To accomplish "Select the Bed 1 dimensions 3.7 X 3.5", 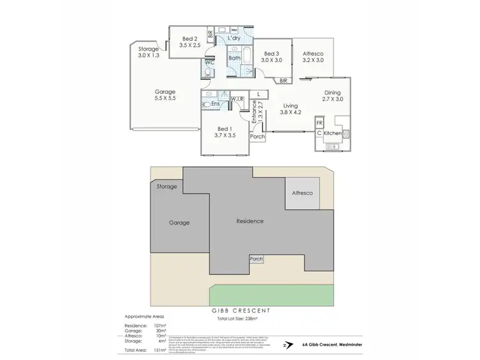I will click(226, 136).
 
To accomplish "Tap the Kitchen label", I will click(332, 133).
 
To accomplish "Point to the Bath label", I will click(234, 58).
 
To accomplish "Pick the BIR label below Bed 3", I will click(284, 81).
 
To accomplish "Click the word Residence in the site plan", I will click(250, 221).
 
